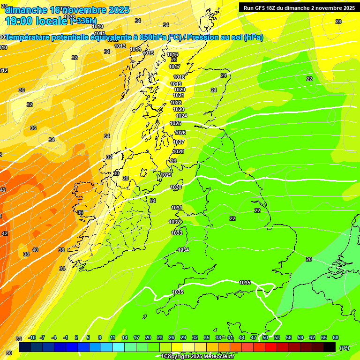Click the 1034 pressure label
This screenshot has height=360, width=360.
(183, 250)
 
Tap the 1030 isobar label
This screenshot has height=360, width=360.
(176, 187)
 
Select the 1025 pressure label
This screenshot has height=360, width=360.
(175, 123)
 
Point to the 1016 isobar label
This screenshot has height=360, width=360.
(173, 54)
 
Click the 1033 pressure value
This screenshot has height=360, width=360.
(177, 233)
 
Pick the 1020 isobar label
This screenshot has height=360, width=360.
(180, 90)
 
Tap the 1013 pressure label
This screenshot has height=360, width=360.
(120, 46)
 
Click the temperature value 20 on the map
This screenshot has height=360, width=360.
(309, 259)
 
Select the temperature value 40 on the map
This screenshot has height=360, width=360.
(35, 250)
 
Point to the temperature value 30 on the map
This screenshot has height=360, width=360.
(116, 173)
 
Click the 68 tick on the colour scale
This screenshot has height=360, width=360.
(336, 337)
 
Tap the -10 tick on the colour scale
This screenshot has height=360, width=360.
(32, 337)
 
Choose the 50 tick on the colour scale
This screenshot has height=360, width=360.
(265, 337)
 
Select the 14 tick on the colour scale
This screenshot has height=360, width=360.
(125, 337)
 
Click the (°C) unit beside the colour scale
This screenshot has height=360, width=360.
(345, 348)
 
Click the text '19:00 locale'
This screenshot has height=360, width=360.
(37, 21)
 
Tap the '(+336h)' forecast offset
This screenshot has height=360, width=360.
(83, 21)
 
